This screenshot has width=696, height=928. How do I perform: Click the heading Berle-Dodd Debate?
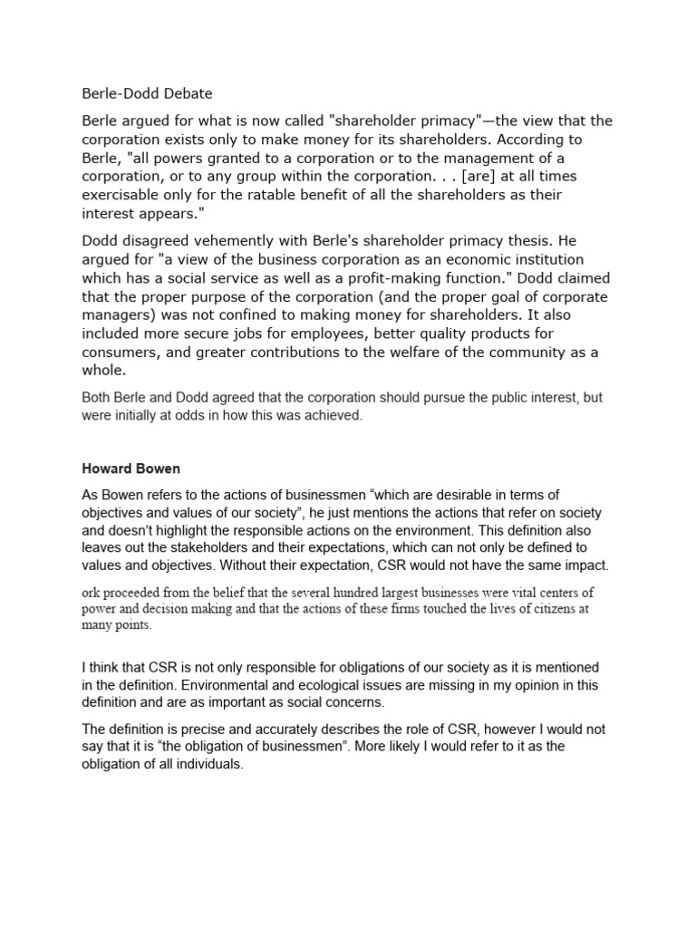[x=147, y=92]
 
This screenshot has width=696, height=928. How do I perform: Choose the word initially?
[x=147, y=415]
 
